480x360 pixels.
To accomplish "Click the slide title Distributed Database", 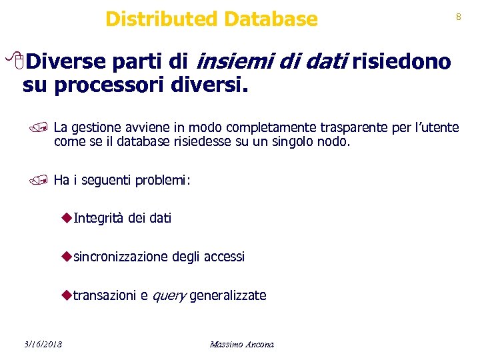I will click(x=211, y=19).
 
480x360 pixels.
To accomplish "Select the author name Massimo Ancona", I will click(x=241, y=344).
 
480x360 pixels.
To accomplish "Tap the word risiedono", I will click(x=402, y=63).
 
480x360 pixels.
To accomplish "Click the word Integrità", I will click(x=99, y=217).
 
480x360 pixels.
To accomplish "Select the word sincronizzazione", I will click(x=121, y=257).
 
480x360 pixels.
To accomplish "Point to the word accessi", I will click(x=224, y=257).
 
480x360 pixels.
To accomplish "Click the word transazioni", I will click(x=105, y=295).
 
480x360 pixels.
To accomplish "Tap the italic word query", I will click(x=169, y=296).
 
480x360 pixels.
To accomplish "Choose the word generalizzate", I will click(x=228, y=295).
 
